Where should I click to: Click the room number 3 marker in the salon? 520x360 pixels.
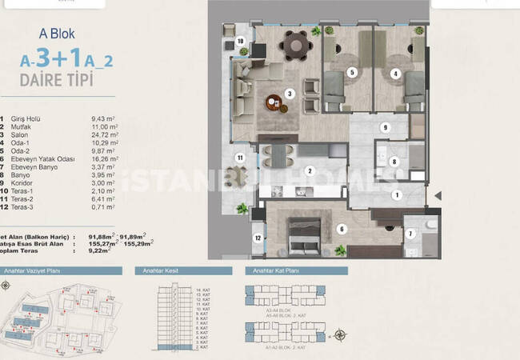(290, 94)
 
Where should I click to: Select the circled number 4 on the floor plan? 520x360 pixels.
(395, 73)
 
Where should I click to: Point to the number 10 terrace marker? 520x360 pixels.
(240, 40)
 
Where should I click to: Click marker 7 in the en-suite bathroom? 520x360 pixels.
(410, 234)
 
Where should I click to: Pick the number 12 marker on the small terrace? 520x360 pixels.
(257, 238)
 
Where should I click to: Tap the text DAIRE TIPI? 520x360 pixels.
(57, 80)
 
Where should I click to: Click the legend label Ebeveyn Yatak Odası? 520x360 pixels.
(45, 159)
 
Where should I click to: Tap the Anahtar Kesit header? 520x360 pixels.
(159, 273)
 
